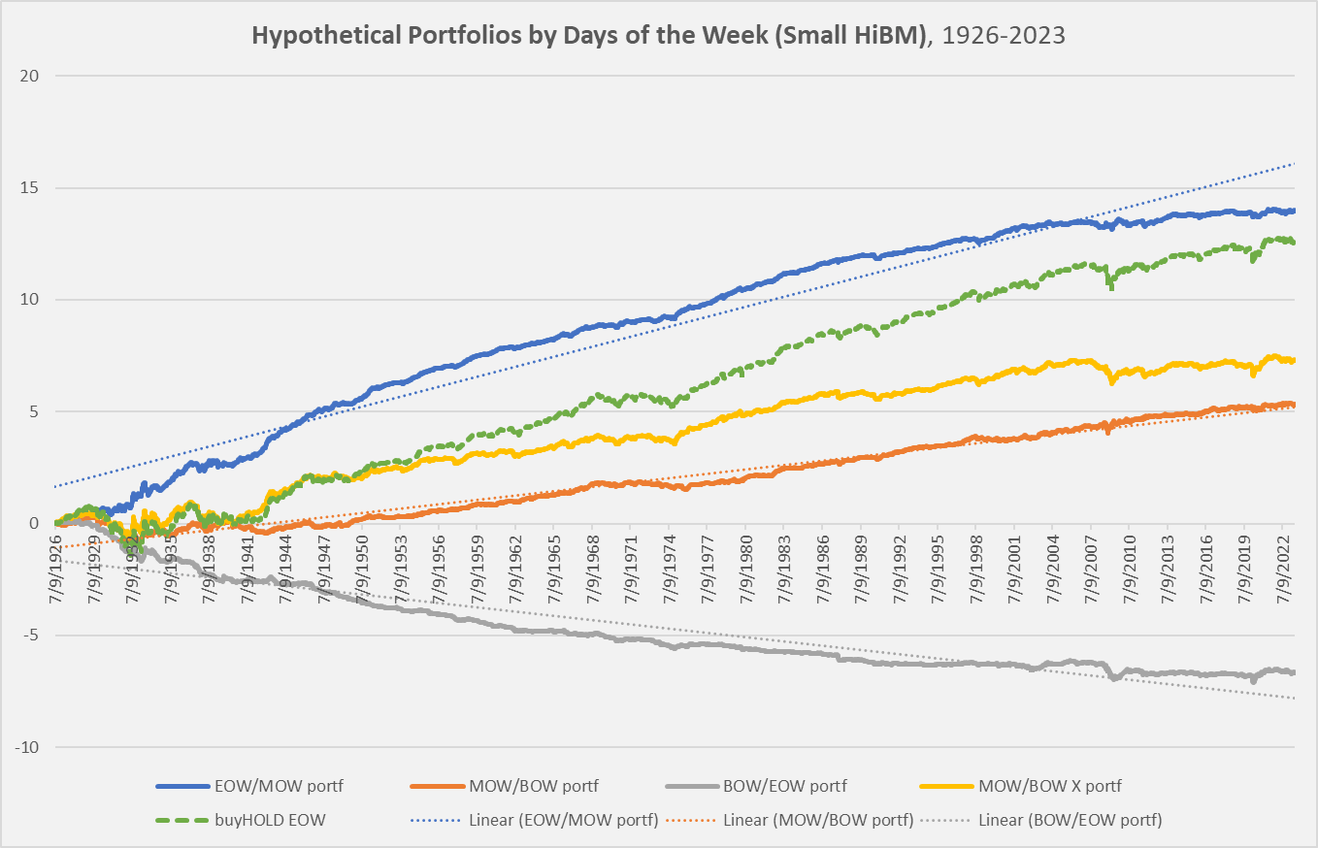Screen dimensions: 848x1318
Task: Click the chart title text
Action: click(x=658, y=35)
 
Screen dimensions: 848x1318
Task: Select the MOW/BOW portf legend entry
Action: click(x=549, y=785)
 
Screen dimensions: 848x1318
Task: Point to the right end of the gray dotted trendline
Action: click(x=1295, y=698)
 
